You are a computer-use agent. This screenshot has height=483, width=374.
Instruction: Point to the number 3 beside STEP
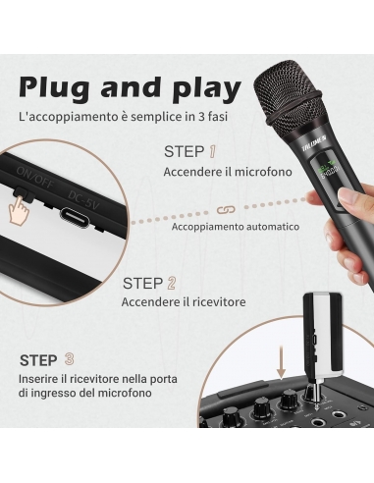point(68,359)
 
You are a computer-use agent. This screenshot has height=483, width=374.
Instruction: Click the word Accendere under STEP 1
point(191,172)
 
